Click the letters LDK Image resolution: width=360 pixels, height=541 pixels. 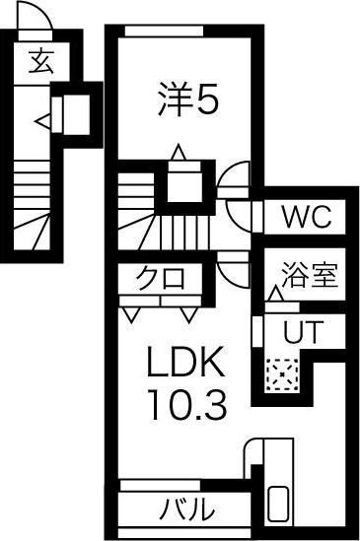point(188,364)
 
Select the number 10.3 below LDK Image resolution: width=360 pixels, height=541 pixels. point(188,402)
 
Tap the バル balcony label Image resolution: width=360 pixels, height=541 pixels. point(187,510)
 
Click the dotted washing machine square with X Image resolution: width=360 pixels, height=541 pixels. point(282,372)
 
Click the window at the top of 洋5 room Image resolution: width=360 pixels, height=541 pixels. point(164,32)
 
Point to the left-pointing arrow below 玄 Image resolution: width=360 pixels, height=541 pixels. point(42,121)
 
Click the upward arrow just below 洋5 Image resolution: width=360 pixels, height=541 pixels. point(178,153)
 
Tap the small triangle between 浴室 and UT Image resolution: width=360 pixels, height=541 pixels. point(274,294)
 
